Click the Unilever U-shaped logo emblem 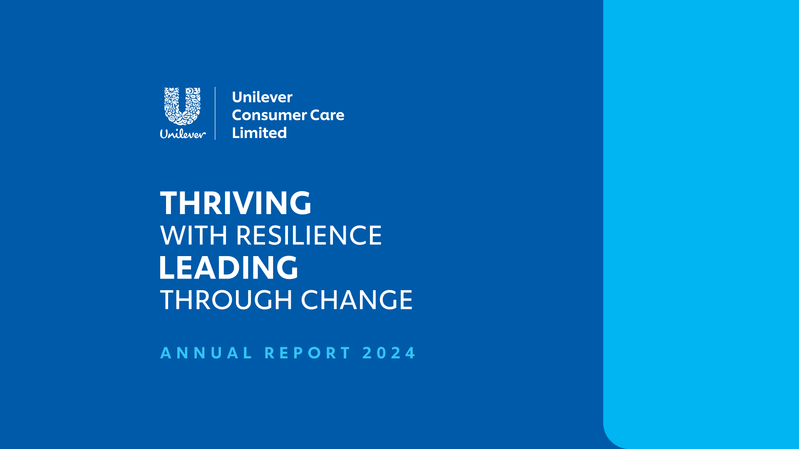coord(183,106)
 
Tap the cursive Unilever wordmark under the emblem coord(183,134)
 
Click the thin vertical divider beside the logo coord(215,113)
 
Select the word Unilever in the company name coord(262,97)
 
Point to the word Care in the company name coord(327,115)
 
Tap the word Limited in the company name coord(259,133)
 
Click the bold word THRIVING coord(236,203)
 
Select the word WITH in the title coord(194,235)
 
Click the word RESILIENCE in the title coord(309,235)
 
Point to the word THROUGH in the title coord(226,300)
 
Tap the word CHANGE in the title coord(357,300)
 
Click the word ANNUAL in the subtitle coord(206,353)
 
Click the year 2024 coord(389,353)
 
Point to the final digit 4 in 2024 coord(410,353)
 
